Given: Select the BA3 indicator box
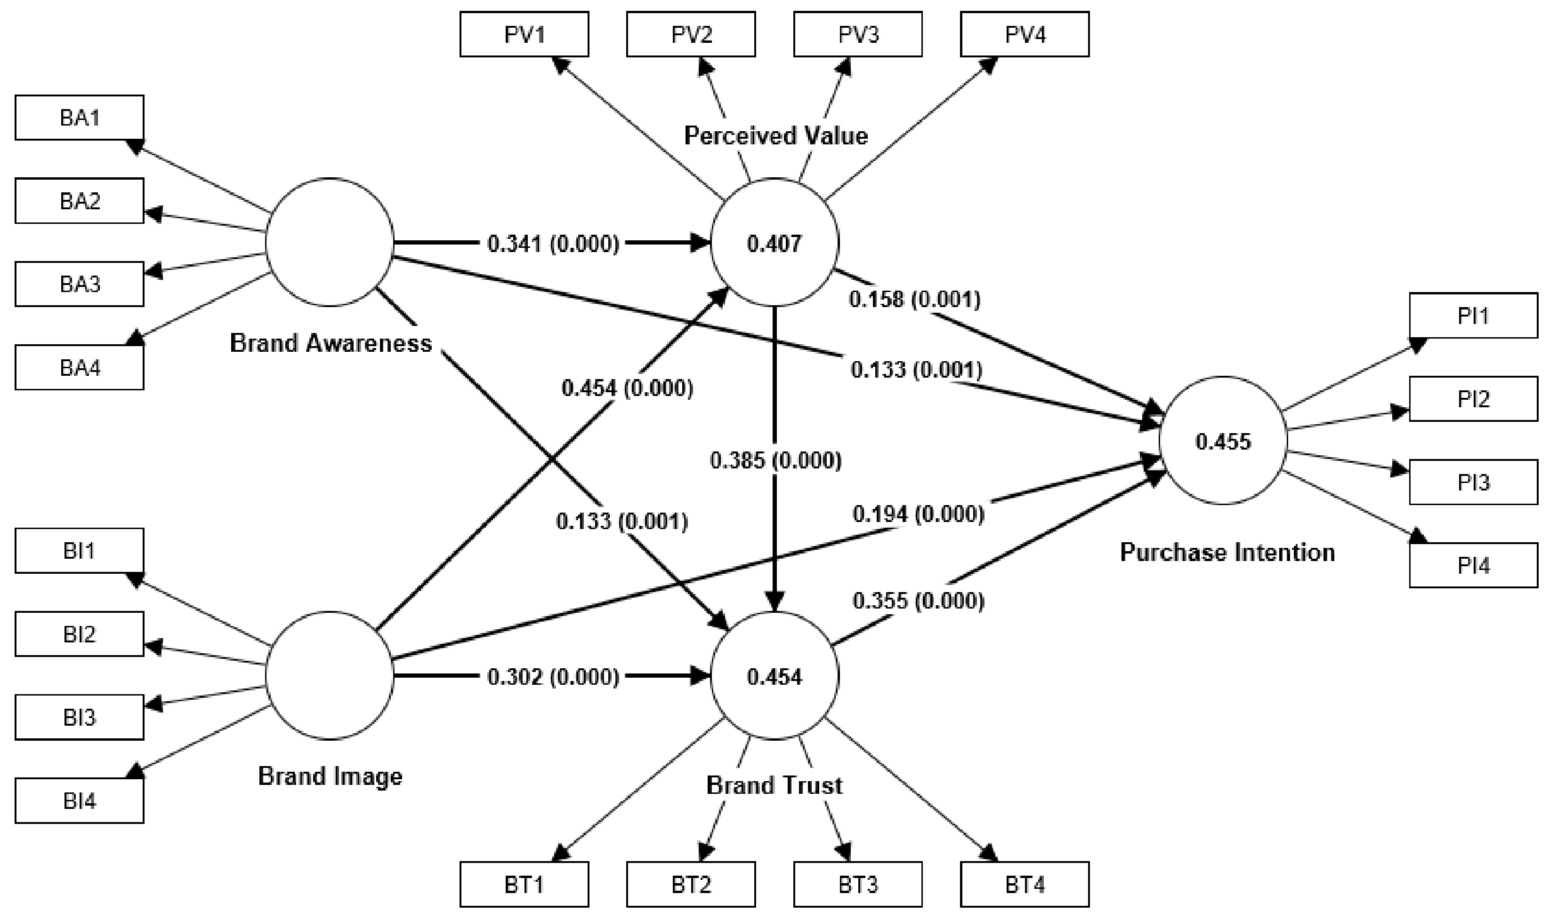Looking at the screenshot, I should (x=79, y=284).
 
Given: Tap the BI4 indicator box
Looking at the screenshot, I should (x=79, y=801).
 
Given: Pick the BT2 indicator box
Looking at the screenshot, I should (x=691, y=884).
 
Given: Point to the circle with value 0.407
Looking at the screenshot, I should (x=774, y=243).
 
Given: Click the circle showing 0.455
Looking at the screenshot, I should (x=1223, y=441).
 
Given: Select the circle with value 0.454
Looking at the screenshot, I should (x=774, y=676).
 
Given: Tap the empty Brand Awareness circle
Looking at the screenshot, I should (x=330, y=243).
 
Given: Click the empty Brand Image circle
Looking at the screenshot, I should (x=330, y=675).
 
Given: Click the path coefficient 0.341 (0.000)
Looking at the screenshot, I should (x=553, y=244).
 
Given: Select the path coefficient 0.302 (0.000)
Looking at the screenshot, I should (x=553, y=677).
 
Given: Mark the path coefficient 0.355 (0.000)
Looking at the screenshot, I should (x=918, y=601).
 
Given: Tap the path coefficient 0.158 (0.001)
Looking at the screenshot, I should (x=914, y=300).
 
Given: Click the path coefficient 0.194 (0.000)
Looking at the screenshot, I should (x=918, y=514).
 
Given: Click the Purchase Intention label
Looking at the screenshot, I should (x=1227, y=552).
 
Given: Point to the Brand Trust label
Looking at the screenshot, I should (x=774, y=785).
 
